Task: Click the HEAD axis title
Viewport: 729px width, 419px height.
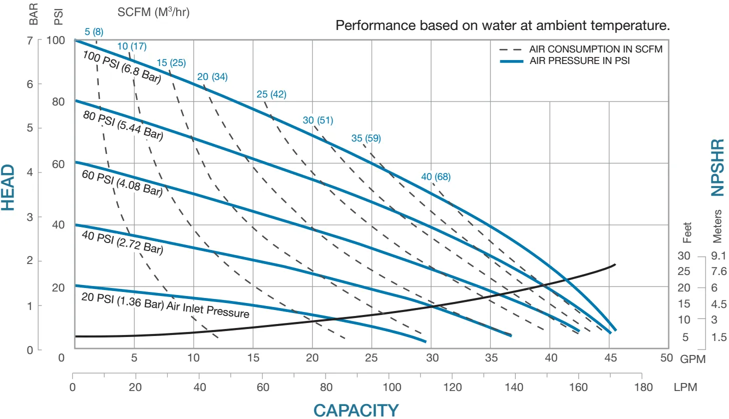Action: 8,188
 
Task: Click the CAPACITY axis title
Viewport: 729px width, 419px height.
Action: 356,410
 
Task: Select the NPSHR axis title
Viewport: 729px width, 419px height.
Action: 718,167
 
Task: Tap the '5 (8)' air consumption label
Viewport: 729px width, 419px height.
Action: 94,32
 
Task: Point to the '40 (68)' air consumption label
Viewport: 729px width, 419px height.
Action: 435,176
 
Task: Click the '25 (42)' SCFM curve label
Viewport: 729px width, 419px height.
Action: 271,94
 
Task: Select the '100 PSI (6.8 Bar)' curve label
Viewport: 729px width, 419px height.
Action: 122,66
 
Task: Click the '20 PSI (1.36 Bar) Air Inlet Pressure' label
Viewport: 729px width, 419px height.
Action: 165,304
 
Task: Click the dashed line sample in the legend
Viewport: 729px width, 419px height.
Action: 510,49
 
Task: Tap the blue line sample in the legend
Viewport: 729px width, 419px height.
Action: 511,61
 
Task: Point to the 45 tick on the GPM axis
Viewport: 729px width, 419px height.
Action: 610,358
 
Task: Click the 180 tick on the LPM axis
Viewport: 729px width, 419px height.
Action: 643,387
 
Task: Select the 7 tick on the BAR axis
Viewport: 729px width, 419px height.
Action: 29,40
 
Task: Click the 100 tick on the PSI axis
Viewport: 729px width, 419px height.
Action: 55,40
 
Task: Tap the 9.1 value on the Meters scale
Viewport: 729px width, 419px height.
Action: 719,255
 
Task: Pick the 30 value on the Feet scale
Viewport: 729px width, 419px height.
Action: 684,255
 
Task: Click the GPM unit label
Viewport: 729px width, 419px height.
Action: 693,359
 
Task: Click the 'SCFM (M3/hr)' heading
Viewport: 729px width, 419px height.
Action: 153,12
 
